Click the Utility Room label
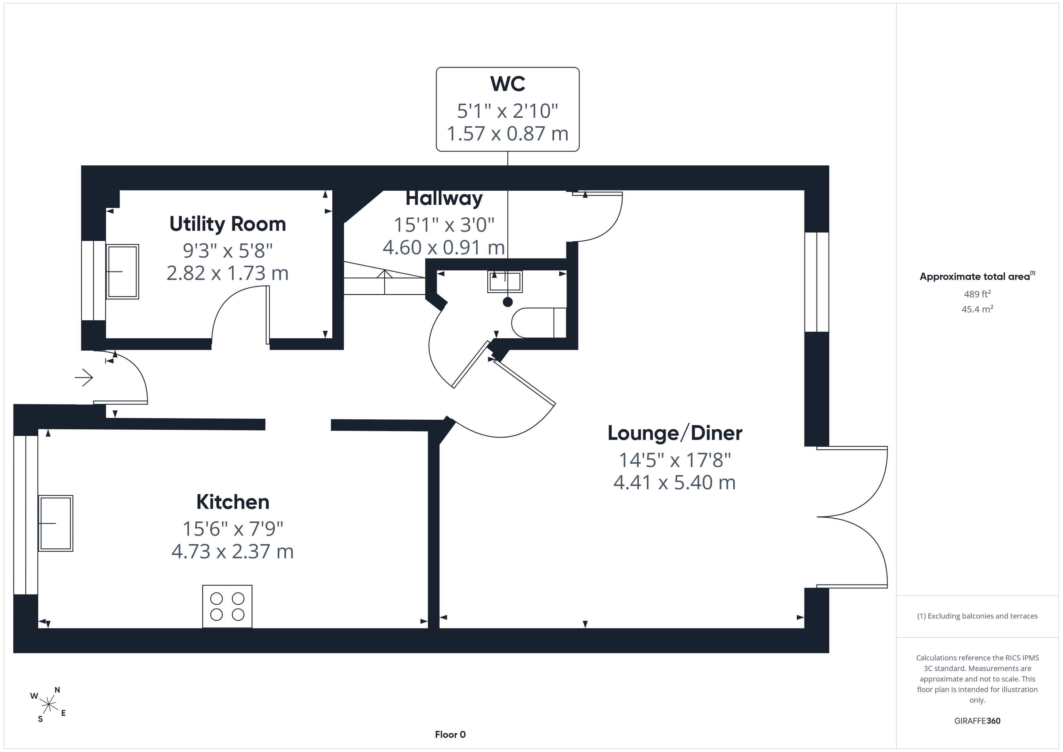(x=228, y=224)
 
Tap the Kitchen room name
(x=233, y=502)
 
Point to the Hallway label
(x=444, y=199)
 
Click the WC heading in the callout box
(x=508, y=84)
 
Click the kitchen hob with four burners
(x=227, y=606)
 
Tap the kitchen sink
(x=55, y=523)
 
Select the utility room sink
(x=123, y=272)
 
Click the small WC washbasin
(x=505, y=281)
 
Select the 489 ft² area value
(x=977, y=294)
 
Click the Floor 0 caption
(x=450, y=735)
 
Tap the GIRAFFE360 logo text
(x=977, y=721)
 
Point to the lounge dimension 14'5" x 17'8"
(x=675, y=460)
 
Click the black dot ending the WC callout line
(x=508, y=302)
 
